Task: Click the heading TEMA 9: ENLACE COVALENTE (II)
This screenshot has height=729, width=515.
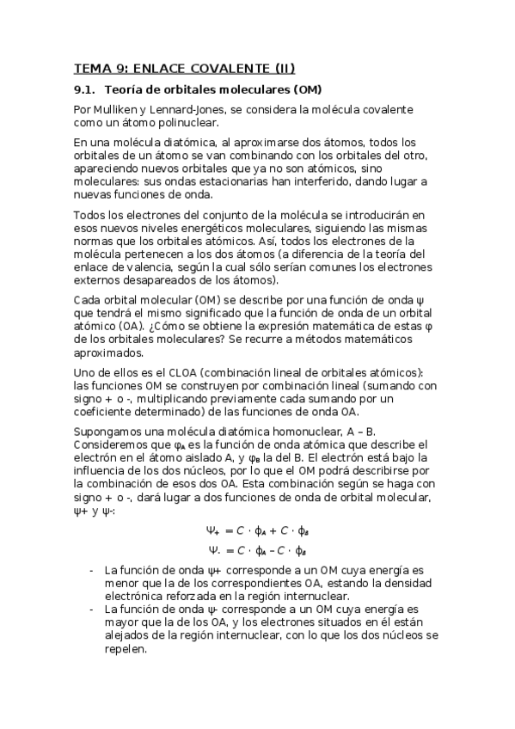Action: (184, 69)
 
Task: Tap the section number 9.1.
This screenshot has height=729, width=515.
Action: (85, 90)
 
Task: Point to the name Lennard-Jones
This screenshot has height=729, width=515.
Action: (193, 110)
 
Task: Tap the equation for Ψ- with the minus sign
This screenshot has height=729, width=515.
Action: (256, 550)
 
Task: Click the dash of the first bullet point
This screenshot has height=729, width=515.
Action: (92, 570)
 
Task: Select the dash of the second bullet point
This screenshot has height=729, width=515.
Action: (92, 609)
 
